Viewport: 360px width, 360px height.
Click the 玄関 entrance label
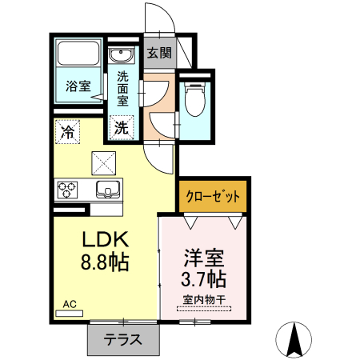[159, 54]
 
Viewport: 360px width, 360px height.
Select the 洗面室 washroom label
[122, 90]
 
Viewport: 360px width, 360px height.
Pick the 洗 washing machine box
[122, 126]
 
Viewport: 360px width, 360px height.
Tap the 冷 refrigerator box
[69, 132]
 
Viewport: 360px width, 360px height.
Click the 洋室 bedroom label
[203, 258]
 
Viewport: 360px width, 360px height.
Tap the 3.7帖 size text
[203, 280]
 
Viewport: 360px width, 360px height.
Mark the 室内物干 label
[203, 301]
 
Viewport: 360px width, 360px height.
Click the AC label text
[70, 305]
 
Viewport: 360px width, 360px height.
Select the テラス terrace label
[122, 339]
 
